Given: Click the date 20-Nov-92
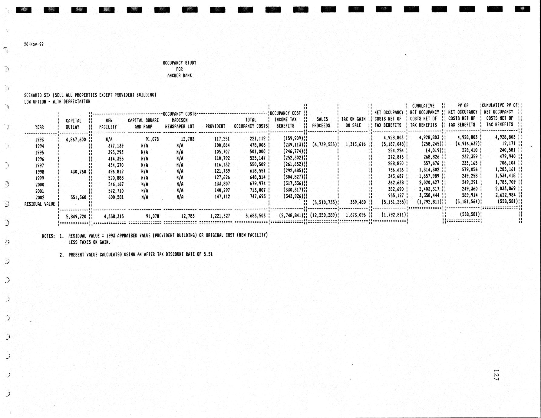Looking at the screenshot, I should (34, 44).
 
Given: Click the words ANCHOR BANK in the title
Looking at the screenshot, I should (180, 75).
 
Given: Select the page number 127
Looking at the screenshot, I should (496, 375).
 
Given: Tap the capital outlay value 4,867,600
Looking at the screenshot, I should (76, 140).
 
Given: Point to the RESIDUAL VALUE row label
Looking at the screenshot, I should (40, 204).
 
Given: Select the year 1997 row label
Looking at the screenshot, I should (39, 165).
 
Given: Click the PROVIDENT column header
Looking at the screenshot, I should (215, 126).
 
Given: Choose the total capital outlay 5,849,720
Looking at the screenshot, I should (76, 217).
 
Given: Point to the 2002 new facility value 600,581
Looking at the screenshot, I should (116, 197).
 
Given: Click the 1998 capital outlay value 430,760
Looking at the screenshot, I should (78, 172).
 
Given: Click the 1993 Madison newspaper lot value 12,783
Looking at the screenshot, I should (187, 139).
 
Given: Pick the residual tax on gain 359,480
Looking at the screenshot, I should (358, 202).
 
